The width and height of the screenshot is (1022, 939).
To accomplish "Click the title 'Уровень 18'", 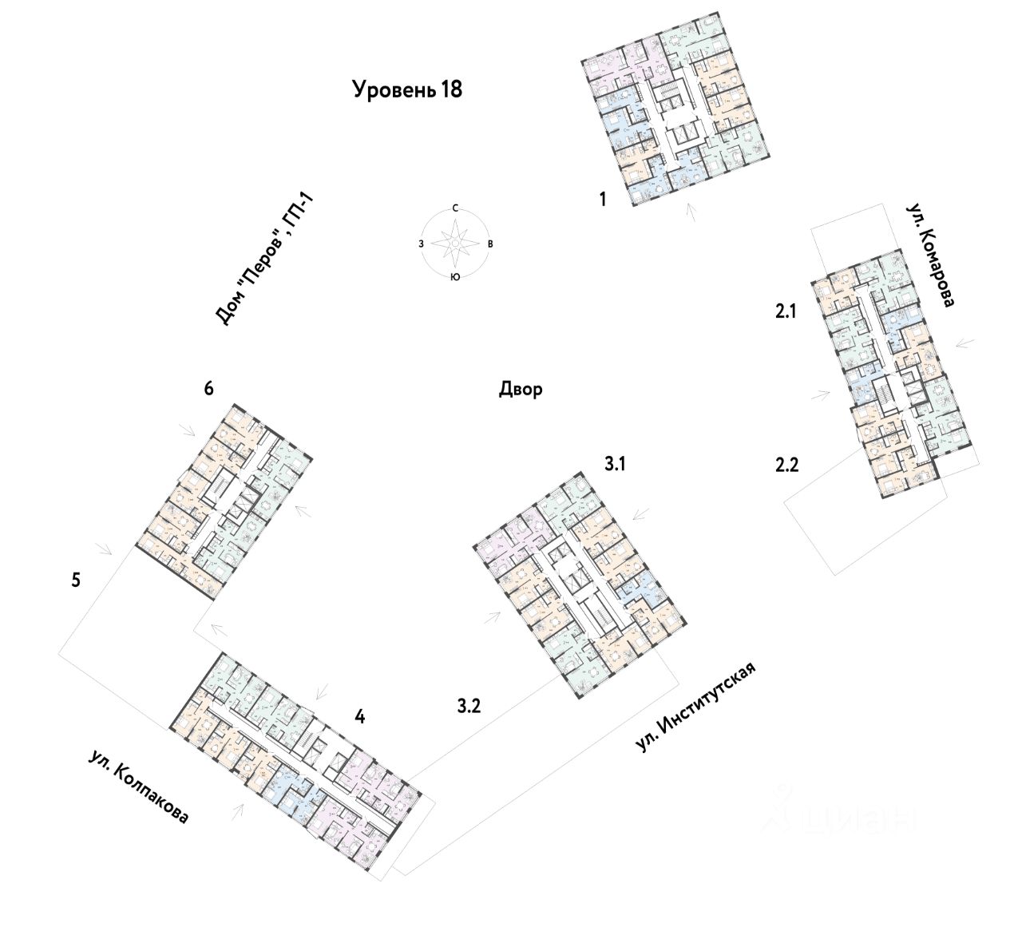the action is [407, 89].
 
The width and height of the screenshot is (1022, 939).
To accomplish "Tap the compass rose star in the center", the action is [454, 242].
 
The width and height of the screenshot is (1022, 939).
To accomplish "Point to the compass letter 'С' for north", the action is [454, 208].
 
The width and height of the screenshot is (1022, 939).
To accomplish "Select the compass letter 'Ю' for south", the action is [454, 277].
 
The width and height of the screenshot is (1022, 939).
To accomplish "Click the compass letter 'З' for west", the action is [420, 243].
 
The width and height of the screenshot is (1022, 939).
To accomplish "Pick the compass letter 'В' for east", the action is [489, 243].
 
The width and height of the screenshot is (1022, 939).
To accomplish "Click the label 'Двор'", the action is [521, 390].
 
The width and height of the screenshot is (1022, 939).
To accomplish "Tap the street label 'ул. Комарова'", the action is [930, 253].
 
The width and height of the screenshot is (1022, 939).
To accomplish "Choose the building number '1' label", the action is [604, 199].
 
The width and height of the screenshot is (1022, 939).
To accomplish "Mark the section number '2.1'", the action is [786, 313].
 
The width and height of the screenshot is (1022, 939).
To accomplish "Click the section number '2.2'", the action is [786, 464].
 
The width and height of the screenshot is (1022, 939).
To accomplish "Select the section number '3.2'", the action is [469, 705].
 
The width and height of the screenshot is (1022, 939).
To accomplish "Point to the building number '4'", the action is [360, 717].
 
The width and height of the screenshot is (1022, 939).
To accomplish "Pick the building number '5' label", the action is [76, 579].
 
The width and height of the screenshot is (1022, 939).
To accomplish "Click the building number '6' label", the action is [208, 389].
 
